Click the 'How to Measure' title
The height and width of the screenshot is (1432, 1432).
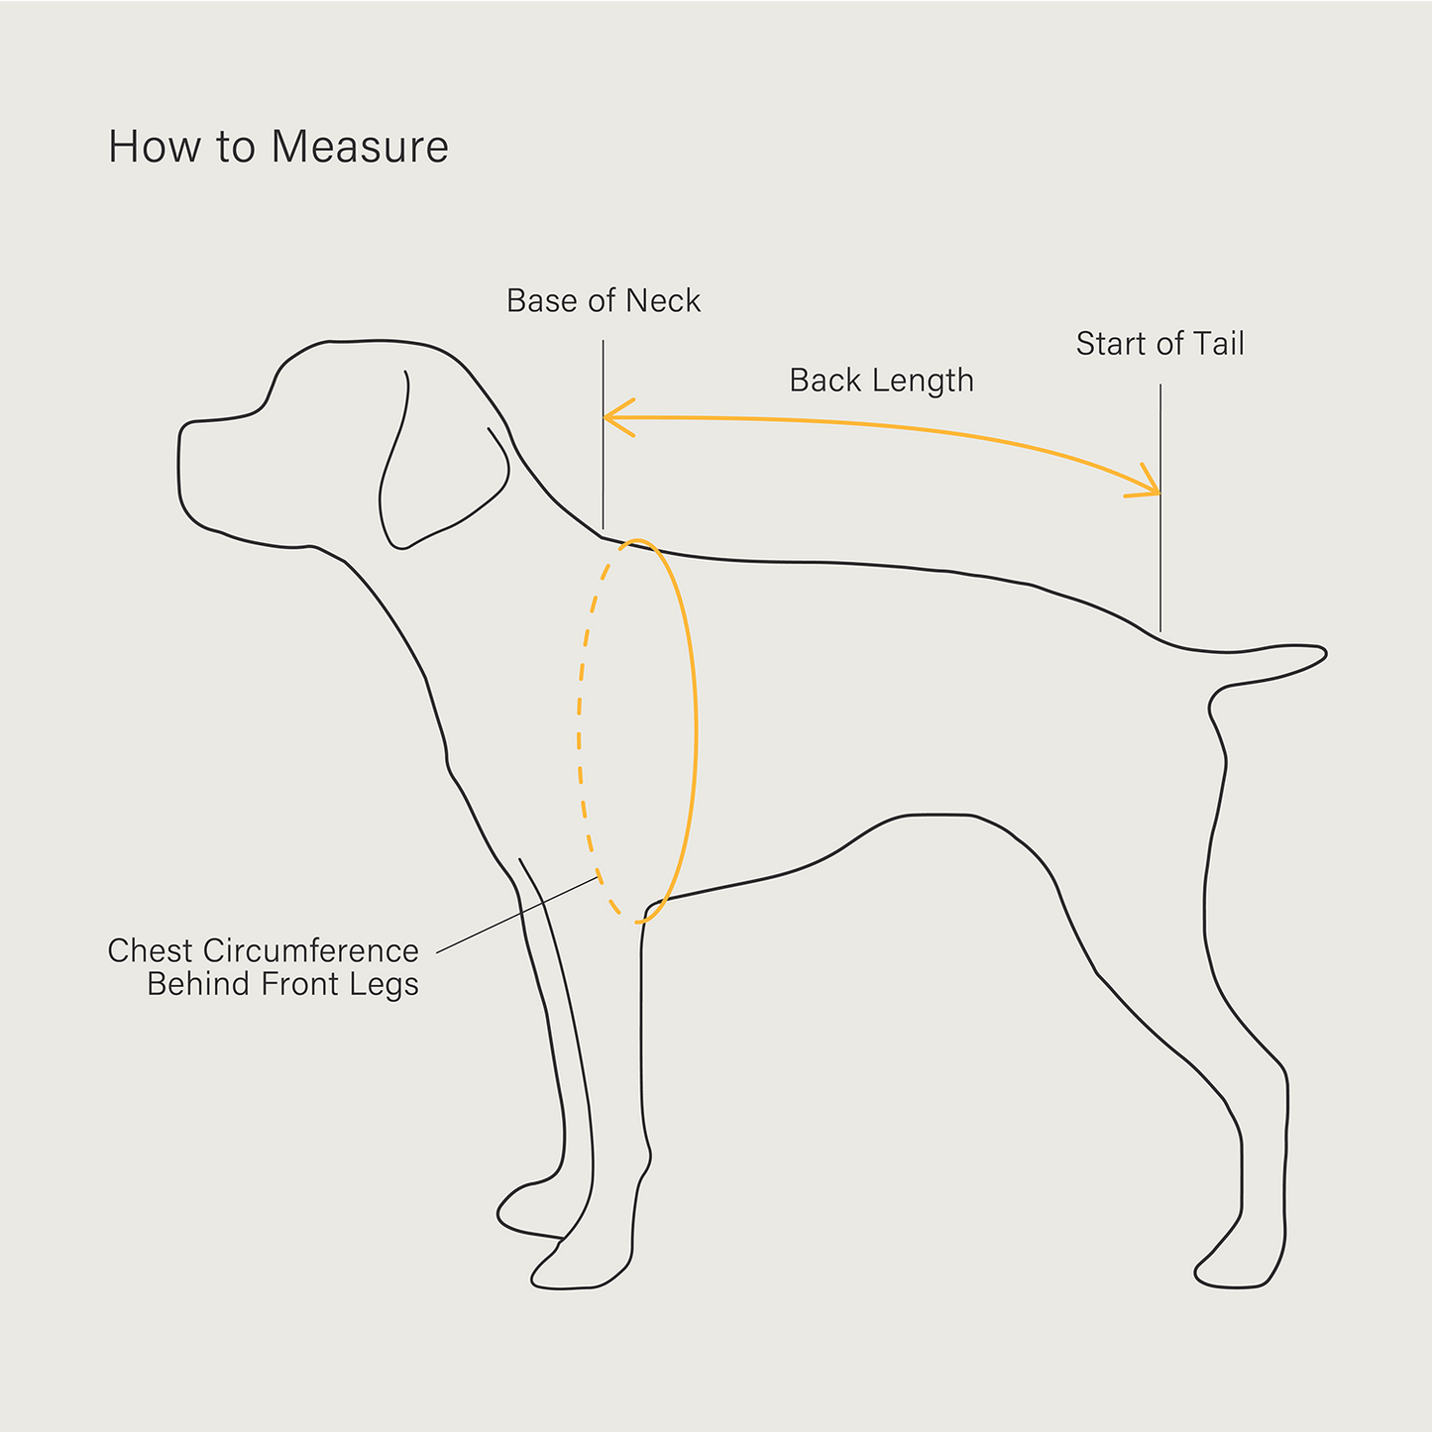278,147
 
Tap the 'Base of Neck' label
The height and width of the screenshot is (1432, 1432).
604,301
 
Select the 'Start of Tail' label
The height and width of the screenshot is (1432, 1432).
1160,343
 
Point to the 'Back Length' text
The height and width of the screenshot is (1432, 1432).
881,382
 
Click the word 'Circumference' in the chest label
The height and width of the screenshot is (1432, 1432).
310,951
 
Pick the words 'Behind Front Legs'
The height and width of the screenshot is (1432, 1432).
283,985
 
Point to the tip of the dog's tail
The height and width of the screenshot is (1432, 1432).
1326,653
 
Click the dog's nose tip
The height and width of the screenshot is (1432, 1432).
179,446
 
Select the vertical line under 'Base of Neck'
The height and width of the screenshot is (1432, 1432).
603,435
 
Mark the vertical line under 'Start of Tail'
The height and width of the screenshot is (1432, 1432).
1160,507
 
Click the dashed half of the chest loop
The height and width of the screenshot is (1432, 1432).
579,732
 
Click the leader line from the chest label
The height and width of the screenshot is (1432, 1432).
517,915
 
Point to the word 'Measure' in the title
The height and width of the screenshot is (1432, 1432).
361,147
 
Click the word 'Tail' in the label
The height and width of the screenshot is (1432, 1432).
1219,343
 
